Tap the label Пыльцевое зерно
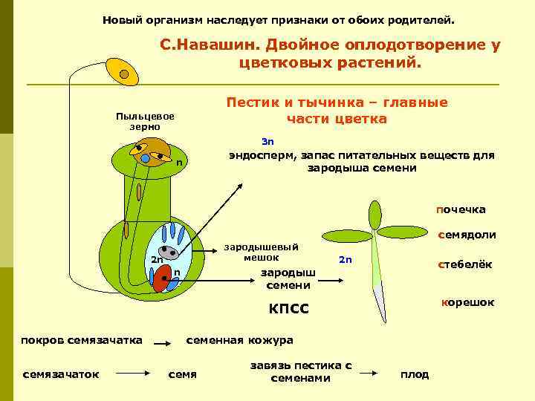[145, 122]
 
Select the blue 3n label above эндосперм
[267, 141]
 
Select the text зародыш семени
[288, 278]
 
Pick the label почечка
[461, 209]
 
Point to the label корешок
[467, 302]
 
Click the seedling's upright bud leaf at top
[375, 215]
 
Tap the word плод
[415, 374]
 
